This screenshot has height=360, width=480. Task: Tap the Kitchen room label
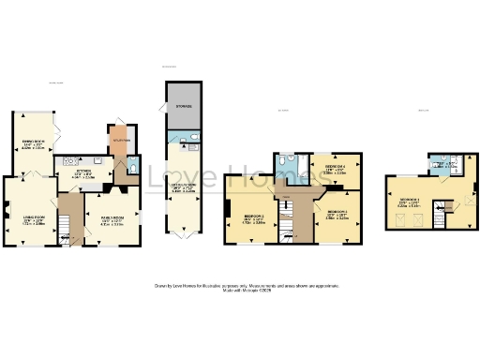[83, 173]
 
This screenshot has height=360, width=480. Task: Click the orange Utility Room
[118, 142]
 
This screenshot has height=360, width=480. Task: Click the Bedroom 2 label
[249, 221]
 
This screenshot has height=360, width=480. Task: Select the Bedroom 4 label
[335, 170]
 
